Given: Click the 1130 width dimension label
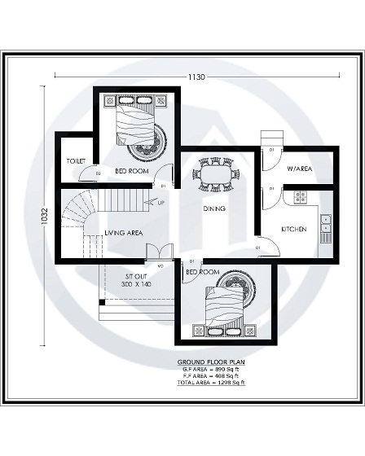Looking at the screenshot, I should tap(196, 77).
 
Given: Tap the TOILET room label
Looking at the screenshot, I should tap(76, 161).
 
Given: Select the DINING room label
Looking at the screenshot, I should tap(214, 208).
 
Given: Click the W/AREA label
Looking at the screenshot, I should tap(299, 169).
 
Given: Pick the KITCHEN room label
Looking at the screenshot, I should tap(293, 229).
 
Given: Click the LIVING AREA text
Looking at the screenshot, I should tap(123, 233).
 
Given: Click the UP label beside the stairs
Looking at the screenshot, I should tap(160, 202).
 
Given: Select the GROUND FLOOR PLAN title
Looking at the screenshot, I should tap(210, 361).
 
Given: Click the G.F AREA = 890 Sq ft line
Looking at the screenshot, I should tap(210, 368).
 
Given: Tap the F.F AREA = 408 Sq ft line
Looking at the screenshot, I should tap(210, 375).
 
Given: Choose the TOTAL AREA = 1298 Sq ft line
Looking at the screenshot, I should tap(210, 383).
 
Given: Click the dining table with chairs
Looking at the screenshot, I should tap(216, 174).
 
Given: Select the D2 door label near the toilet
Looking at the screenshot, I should tap(98, 173).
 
